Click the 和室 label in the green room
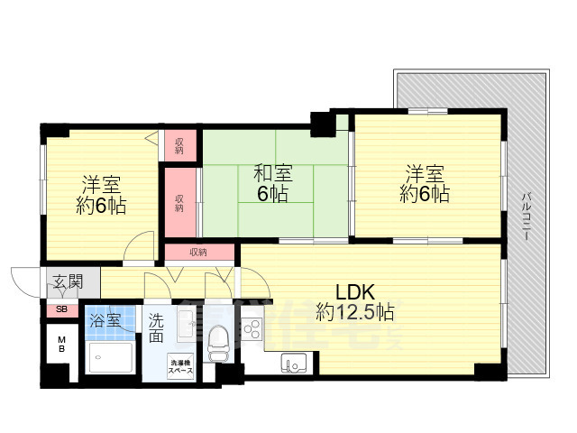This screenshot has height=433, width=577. [271, 172]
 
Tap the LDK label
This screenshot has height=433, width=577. [354, 291]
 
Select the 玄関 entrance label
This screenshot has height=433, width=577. [68, 281]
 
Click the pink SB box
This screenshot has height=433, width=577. [61, 309]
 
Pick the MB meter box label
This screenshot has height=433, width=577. [61, 345]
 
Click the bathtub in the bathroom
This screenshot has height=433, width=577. [111, 357]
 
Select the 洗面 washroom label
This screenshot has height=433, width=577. [157, 327]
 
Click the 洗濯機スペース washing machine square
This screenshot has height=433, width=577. [180, 367]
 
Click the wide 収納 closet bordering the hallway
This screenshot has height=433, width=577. [198, 253]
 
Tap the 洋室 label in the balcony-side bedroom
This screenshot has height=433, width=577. [425, 172]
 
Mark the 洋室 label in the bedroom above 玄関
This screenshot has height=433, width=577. [101, 184]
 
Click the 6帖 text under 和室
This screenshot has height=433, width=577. [271, 193]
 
